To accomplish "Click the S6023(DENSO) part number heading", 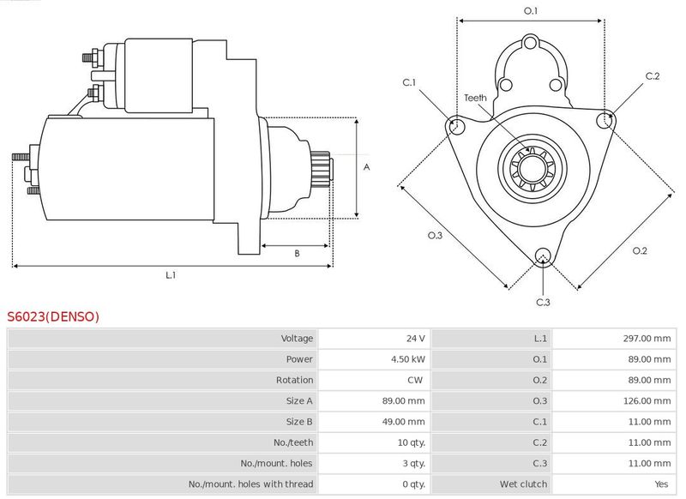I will [x=53, y=316].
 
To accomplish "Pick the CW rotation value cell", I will [x=417, y=380].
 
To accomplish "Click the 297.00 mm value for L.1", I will [x=647, y=339].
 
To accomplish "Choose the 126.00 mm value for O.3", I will [x=647, y=400].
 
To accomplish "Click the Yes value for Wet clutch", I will [x=662, y=484].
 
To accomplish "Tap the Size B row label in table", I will [x=300, y=422].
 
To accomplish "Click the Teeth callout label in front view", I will [x=475, y=98].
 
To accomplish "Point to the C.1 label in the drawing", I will [x=410, y=82].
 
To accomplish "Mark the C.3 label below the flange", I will [x=543, y=302].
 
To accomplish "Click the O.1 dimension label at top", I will [x=531, y=11].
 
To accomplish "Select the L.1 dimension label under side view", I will [x=171, y=274].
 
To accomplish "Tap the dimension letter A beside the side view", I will [x=366, y=167].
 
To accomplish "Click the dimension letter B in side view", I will [x=297, y=253].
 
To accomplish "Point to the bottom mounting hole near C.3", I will [x=542, y=256].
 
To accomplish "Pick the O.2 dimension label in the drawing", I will [x=640, y=250].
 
